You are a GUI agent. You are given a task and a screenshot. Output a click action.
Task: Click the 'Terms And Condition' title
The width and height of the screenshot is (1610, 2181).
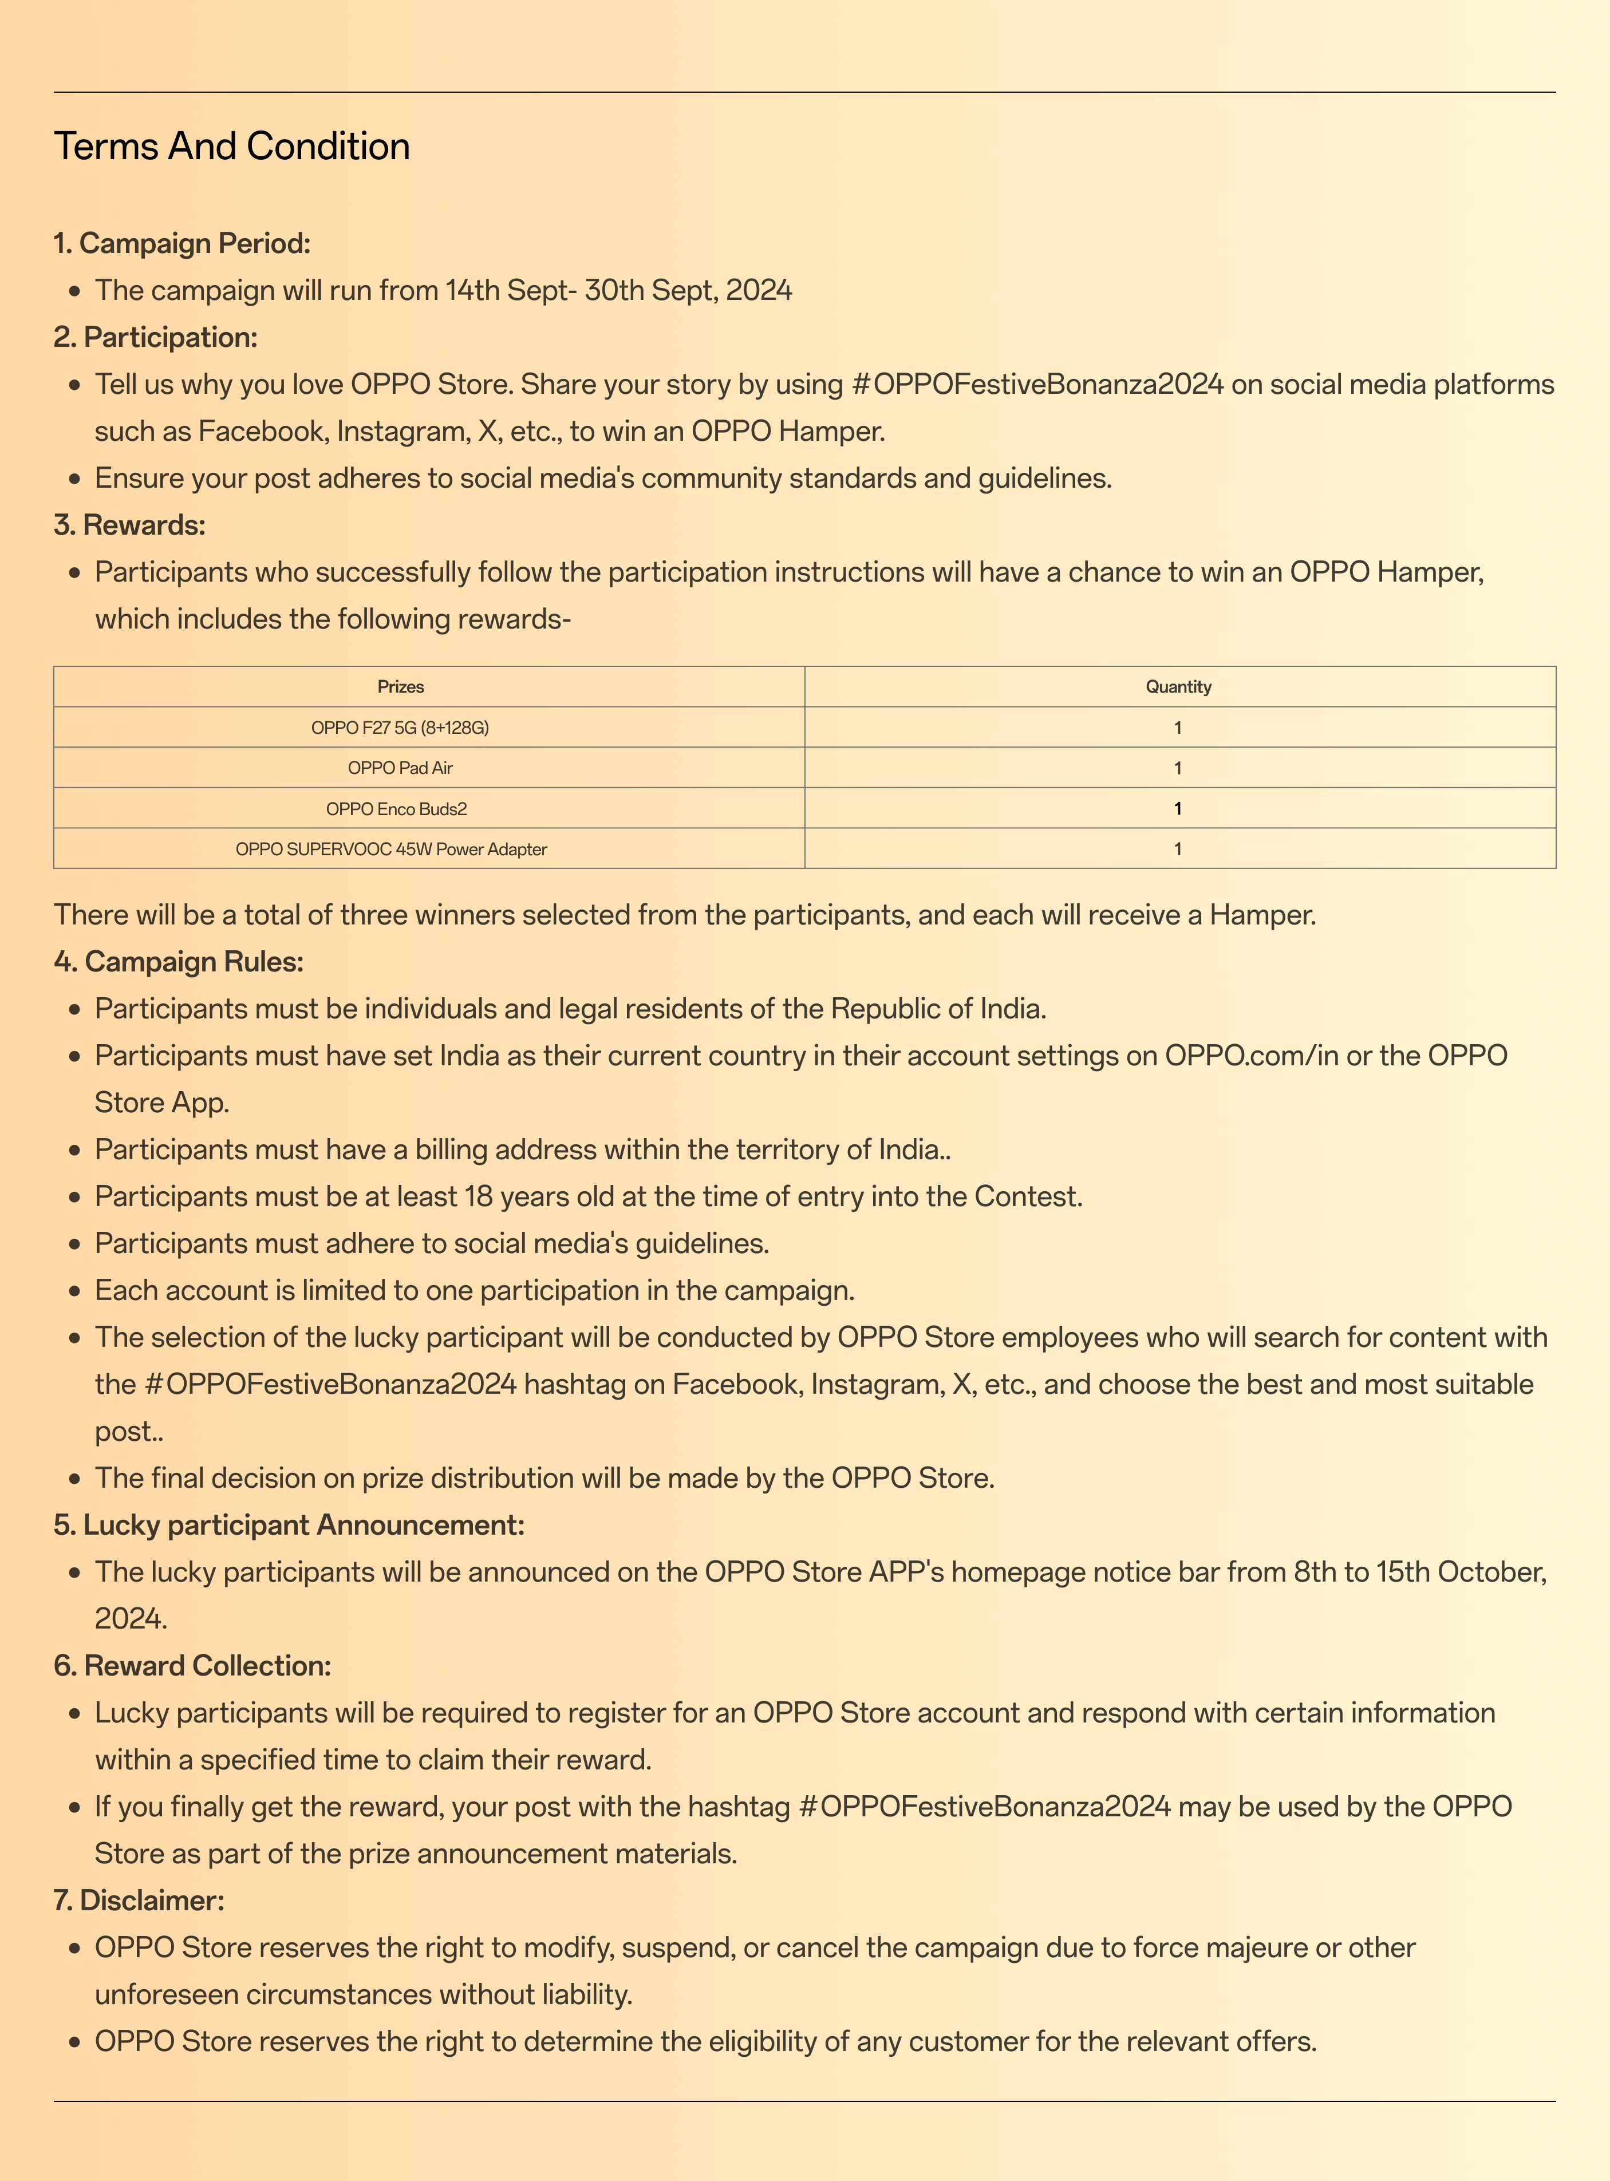(232, 146)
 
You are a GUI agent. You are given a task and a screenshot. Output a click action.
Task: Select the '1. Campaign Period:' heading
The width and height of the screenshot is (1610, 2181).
(182, 243)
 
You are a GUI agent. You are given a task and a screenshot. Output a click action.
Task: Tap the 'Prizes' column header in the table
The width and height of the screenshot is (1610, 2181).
(401, 687)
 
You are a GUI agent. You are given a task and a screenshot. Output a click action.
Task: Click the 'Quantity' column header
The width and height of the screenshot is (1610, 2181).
(1178, 687)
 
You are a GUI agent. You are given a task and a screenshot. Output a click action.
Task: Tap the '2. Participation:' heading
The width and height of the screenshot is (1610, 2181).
(156, 337)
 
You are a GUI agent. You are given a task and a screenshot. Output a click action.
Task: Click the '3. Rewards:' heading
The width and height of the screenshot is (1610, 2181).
(129, 526)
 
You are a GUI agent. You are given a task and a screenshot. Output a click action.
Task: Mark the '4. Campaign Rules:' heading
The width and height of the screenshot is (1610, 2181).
(179, 962)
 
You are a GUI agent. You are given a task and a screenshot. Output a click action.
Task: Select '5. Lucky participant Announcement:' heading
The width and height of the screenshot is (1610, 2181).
(290, 1525)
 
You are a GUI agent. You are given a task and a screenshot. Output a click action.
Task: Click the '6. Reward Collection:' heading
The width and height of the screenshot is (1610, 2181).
(193, 1665)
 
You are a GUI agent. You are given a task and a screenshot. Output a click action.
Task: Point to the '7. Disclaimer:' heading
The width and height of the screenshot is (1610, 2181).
(139, 1901)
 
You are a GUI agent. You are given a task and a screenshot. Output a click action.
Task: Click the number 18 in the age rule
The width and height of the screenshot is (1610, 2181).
(479, 1197)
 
